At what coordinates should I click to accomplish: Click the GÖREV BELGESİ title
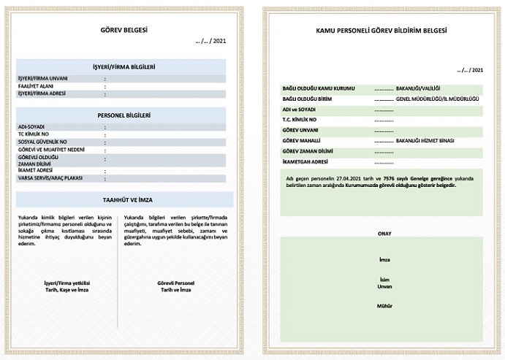pos(124,31)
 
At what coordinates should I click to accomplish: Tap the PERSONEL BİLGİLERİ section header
pos(124,115)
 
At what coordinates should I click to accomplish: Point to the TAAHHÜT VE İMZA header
pos(124,199)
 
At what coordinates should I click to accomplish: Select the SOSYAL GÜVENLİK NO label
pos(42,141)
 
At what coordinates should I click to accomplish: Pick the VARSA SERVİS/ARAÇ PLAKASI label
pos(50,177)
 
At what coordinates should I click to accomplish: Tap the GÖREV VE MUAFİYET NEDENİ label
pos(49,148)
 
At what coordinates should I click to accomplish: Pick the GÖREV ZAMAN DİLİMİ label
pos(308,150)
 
